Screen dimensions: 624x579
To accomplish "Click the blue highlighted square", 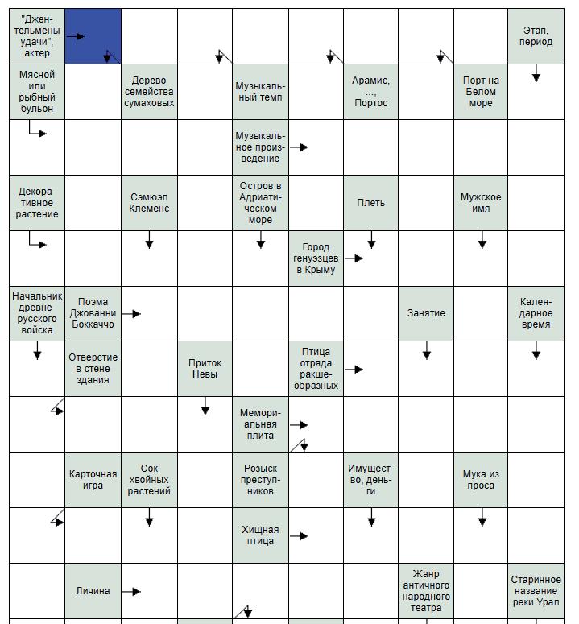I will (93, 36).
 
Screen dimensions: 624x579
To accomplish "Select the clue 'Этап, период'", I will (536, 36).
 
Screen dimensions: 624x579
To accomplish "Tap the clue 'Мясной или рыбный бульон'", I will (37, 92).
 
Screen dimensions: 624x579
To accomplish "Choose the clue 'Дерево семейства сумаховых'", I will (149, 92).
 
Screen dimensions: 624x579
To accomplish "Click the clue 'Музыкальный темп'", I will (260, 92).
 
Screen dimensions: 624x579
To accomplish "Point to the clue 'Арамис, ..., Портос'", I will (370, 92).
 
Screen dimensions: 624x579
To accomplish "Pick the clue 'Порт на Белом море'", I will (481, 92).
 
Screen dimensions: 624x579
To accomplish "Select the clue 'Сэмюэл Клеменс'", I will (149, 203).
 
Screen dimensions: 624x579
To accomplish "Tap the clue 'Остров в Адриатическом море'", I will (260, 203).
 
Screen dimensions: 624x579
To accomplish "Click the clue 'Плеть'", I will (370, 203).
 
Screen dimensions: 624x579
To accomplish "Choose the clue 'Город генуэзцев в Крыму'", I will (316, 258).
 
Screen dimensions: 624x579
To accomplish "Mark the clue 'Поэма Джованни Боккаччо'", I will (93, 313).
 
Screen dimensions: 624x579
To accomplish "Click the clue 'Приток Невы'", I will (205, 369).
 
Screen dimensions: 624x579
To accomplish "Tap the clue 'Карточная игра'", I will (93, 480).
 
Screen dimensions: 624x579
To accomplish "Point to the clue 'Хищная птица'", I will (260, 535).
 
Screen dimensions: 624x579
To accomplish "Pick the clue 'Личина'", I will (93, 591).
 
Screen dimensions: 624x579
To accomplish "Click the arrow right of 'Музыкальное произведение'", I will (300, 147).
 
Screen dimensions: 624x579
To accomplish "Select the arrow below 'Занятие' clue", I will (427, 353).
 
